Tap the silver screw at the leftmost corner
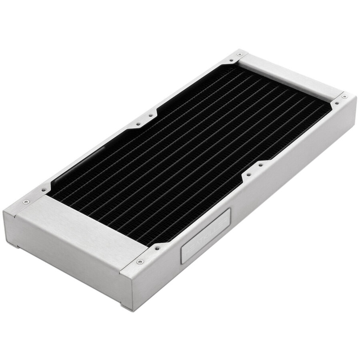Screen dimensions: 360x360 (26, 201)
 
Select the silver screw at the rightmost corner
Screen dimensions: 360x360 (343, 96)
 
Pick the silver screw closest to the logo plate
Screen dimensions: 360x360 (140, 262)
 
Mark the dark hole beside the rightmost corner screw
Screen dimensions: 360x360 (336, 103)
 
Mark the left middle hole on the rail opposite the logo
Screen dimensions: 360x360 (137, 124)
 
